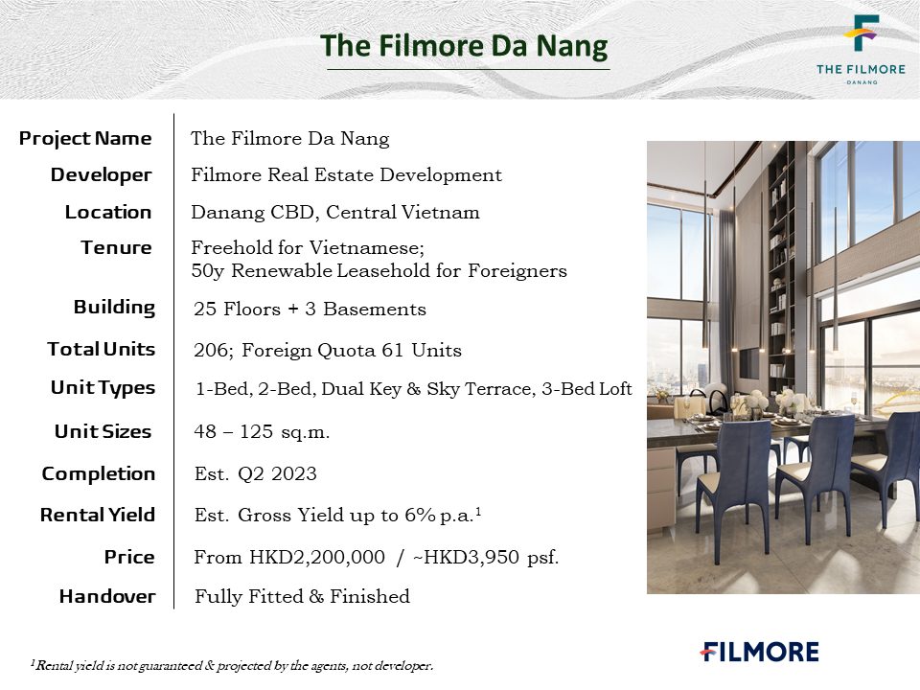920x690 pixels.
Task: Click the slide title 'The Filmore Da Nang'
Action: (464, 46)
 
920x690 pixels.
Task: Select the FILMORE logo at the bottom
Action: (759, 652)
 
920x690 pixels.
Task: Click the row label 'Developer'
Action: (101, 174)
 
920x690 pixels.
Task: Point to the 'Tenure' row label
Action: (116, 247)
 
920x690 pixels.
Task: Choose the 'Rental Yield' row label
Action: (98, 516)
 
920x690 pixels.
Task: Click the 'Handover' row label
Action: (107, 597)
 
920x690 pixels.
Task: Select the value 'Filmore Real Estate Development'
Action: (346, 175)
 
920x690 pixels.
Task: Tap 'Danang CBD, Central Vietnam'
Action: (335, 213)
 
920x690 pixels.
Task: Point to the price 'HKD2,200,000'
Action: (317, 557)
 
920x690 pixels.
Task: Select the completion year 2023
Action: (294, 474)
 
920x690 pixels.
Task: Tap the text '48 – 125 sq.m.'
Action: (262, 432)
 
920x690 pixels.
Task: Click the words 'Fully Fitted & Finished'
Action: (302, 597)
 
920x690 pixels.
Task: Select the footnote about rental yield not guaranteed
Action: (232, 665)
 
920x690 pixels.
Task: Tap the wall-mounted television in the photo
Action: (749, 363)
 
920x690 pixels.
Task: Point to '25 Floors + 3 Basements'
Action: (310, 310)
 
